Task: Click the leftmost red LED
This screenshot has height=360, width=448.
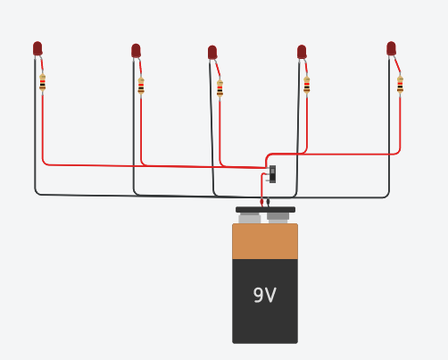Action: point(37,48)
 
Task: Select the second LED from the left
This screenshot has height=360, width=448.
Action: point(136,50)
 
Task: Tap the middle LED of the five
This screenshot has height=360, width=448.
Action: point(212,53)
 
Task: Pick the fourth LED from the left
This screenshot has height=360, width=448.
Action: point(302,52)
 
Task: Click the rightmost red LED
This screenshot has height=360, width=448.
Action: point(391,48)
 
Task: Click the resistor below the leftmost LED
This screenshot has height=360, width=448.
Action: point(42,83)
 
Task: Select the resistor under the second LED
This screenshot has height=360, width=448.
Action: point(141,86)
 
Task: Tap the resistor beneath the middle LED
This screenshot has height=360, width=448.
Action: point(220,88)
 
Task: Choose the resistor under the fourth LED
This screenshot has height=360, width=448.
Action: point(307,85)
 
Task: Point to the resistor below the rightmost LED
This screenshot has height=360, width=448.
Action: point(400,85)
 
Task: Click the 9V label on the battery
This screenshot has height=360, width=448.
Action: point(264,295)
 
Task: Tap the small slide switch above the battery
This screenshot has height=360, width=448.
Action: point(272,173)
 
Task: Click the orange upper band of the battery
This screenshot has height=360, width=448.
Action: point(264,241)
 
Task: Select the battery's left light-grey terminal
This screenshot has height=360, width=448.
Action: point(250,218)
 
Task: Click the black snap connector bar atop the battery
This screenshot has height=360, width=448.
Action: point(265,210)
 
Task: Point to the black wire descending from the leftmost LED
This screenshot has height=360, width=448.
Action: point(36,125)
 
